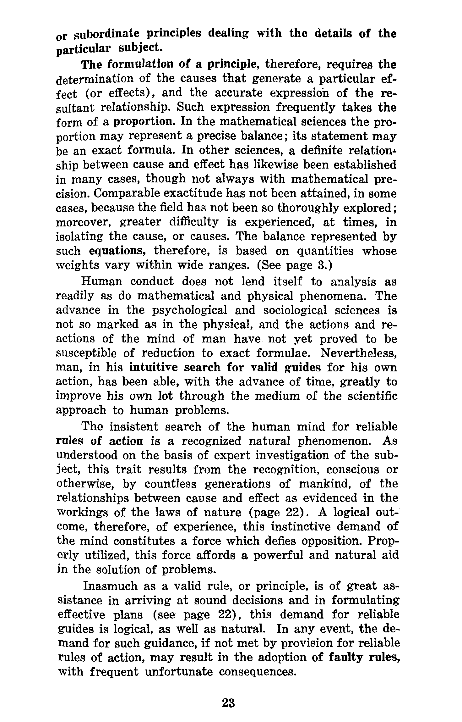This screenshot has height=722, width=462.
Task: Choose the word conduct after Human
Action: point(152,281)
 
